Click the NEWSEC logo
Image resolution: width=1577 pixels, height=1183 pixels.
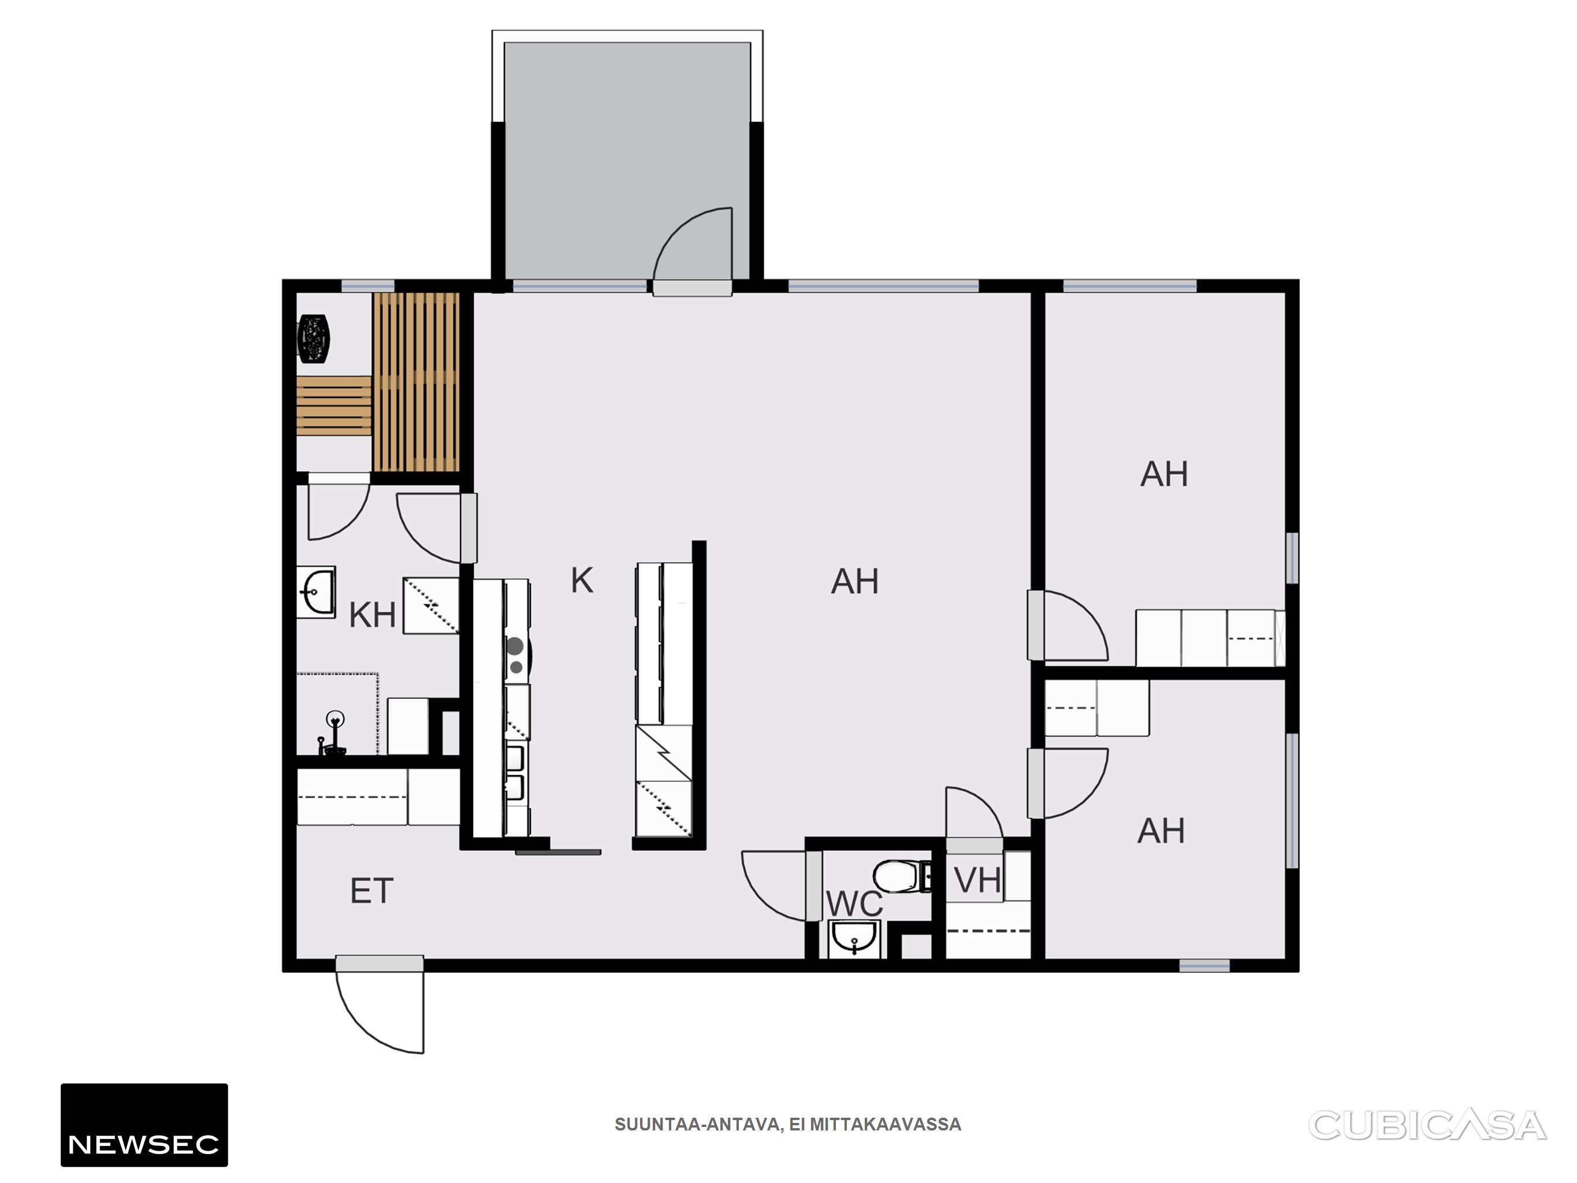coord(144,1125)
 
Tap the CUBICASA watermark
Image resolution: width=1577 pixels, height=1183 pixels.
coord(1427,1125)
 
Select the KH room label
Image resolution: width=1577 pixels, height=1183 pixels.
coord(372,615)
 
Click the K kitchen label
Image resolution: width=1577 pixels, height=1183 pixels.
coord(582,581)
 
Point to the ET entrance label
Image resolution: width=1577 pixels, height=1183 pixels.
coord(371,891)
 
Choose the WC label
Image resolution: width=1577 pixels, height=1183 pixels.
coord(854,904)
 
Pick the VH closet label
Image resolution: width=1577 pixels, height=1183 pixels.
coord(977,880)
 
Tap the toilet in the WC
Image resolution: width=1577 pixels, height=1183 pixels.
coord(902,876)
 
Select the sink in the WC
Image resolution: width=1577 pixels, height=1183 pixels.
coord(854,939)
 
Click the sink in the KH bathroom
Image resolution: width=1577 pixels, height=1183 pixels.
coord(316,592)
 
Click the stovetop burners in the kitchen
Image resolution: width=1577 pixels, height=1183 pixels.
coord(515,655)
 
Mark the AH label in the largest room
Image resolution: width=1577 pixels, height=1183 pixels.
coord(854,581)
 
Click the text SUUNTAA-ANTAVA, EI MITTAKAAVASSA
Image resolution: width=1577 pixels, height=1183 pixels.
coord(788,1125)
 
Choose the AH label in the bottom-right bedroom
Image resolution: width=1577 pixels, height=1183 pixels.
coord(1161,831)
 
